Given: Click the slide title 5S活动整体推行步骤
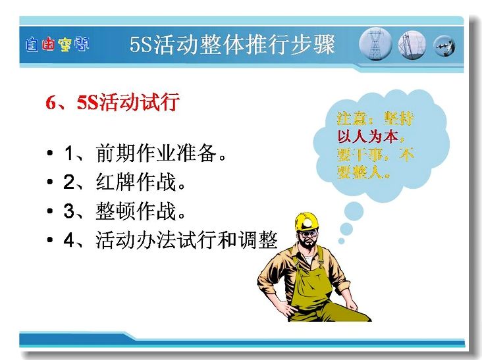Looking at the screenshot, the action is click(x=232, y=45).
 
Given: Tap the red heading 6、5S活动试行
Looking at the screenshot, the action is click(x=113, y=102).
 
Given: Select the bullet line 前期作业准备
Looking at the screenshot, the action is click(x=145, y=153).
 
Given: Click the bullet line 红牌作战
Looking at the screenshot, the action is click(x=124, y=182).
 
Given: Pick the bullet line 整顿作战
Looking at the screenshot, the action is click(x=124, y=211).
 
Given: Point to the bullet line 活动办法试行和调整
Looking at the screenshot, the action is click(x=171, y=240).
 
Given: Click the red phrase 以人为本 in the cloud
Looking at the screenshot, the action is click(x=368, y=136).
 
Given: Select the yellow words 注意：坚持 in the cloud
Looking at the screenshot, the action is click(x=375, y=118).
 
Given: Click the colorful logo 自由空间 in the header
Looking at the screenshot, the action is click(x=57, y=45).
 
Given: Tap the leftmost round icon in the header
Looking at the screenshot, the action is click(x=375, y=44).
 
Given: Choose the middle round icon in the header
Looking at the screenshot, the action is click(x=412, y=45).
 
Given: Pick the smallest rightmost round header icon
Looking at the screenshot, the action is click(x=444, y=46).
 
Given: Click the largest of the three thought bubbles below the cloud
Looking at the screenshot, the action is click(x=354, y=212).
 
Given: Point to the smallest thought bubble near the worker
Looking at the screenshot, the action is click(x=341, y=241).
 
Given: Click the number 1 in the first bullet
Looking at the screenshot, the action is click(x=69, y=153).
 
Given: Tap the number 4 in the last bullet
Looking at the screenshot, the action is click(x=69, y=240).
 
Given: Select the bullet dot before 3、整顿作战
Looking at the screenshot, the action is click(x=50, y=211).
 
